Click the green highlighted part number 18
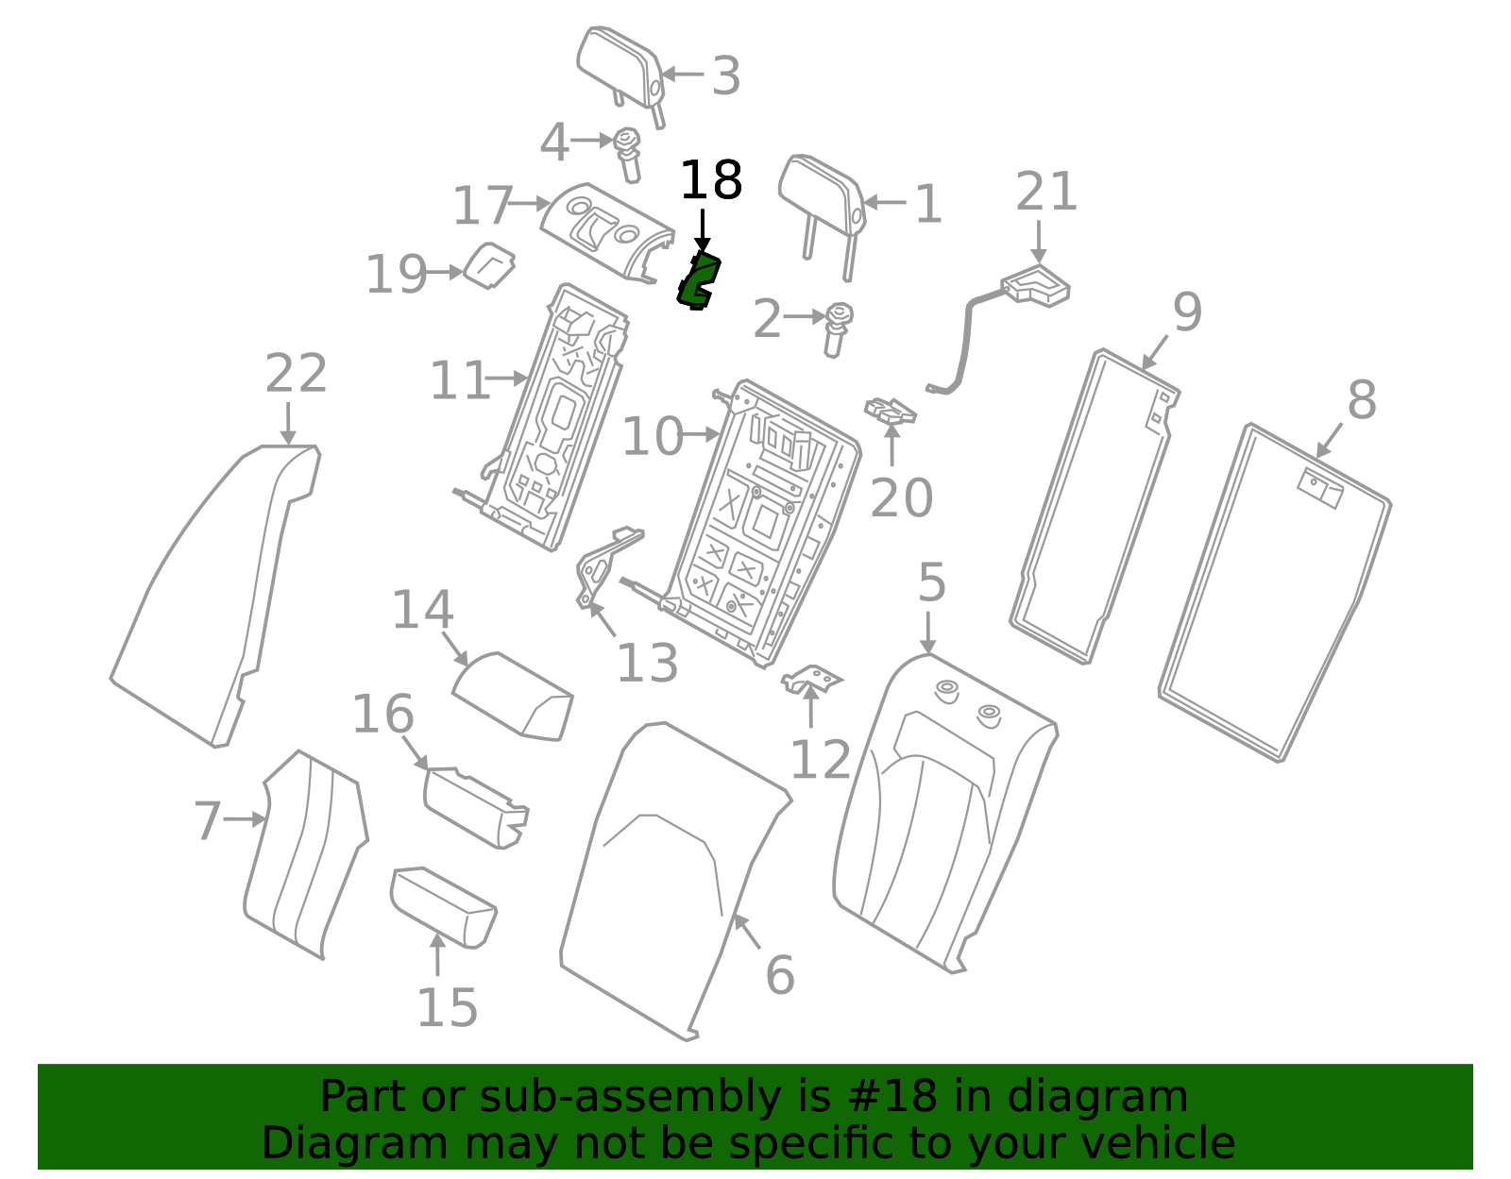[x=698, y=281]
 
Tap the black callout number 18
[x=711, y=180]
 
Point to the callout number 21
[x=1046, y=193]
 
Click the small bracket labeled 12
[x=811, y=678]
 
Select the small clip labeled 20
[x=890, y=412]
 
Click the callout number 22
[x=296, y=374]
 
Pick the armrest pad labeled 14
[x=512, y=694]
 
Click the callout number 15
[x=447, y=1008]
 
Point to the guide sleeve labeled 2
[x=836, y=328]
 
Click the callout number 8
[x=1361, y=400]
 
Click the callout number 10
[x=652, y=437]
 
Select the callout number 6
[x=779, y=975]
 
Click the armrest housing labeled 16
[x=474, y=804]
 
